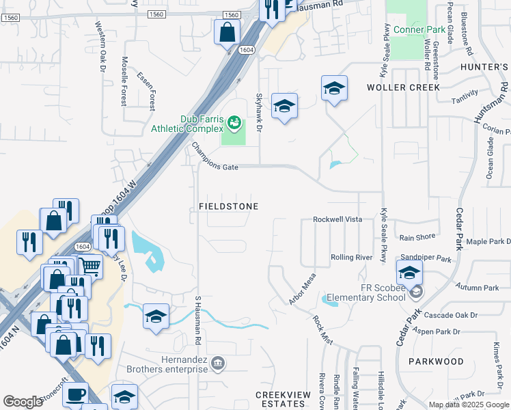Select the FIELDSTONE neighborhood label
point(228,206)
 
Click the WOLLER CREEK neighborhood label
point(404,87)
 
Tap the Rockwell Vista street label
point(337,219)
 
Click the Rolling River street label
point(351,257)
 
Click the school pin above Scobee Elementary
point(409,273)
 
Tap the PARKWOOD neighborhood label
point(436,361)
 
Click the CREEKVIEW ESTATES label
point(280,399)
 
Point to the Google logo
point(23,402)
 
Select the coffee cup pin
point(77,395)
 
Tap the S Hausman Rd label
point(198,320)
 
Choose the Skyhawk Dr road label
point(259,112)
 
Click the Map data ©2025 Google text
point(468,405)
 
